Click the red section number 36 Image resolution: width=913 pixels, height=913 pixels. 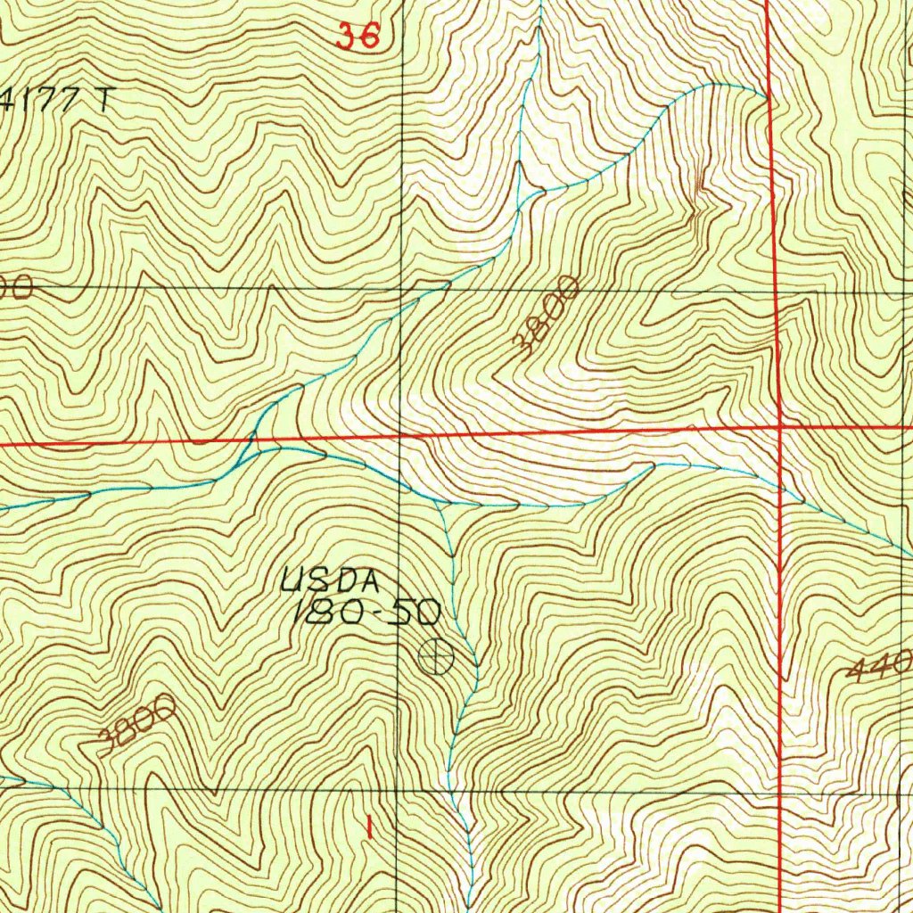tap(358, 36)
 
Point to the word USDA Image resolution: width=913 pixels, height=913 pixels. tap(330, 582)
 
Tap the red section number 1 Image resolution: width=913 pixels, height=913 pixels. tap(367, 826)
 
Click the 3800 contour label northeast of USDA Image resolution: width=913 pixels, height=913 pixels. tap(547, 317)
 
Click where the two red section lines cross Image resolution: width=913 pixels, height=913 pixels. tap(780, 427)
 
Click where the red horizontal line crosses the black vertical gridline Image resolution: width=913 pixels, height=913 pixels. tap(399, 436)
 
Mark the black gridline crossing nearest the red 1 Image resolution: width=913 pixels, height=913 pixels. tap(397, 790)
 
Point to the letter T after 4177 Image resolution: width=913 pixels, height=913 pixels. tap(105, 99)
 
